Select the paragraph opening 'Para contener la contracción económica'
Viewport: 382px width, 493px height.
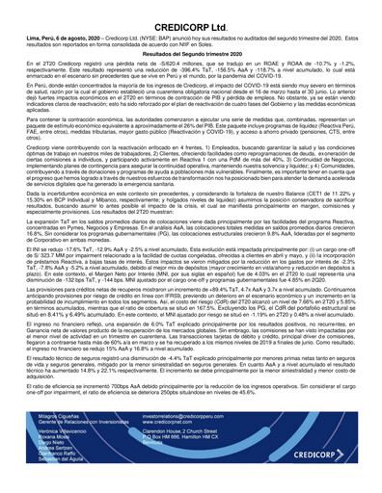click(190, 143)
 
